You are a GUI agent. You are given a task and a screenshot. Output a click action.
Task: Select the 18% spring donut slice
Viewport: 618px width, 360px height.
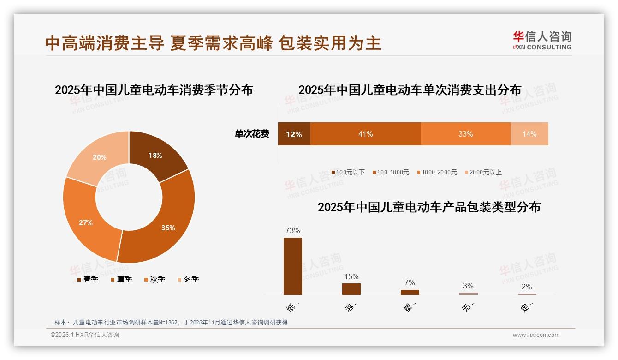(x=156, y=155)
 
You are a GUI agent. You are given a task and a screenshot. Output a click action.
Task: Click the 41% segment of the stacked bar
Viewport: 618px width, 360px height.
(x=365, y=134)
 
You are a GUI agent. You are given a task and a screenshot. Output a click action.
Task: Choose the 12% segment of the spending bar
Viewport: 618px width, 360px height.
(x=294, y=134)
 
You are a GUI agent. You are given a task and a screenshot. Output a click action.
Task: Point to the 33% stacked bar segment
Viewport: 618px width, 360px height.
(x=465, y=134)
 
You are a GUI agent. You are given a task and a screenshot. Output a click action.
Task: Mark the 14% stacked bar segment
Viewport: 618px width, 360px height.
(x=529, y=134)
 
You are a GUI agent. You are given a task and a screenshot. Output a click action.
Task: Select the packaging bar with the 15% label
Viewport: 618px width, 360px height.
(x=351, y=289)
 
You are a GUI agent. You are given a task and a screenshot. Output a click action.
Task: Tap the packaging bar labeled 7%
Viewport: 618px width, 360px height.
(x=410, y=292)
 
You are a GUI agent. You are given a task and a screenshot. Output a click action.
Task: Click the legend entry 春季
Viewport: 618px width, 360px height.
(x=88, y=279)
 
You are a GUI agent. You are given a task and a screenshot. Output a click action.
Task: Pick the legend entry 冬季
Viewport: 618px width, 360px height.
(x=188, y=279)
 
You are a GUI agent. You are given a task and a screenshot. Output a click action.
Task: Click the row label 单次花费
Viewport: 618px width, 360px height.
(x=252, y=134)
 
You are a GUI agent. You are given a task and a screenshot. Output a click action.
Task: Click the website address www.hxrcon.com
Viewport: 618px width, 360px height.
(x=536, y=335)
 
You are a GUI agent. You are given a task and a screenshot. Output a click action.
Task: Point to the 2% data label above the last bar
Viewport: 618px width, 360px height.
(x=527, y=287)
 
